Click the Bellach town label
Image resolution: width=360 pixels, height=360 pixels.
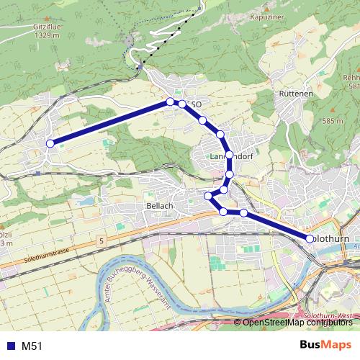click(160, 206)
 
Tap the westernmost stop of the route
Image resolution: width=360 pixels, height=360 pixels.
click(50, 143)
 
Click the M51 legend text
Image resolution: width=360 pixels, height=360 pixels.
click(32, 346)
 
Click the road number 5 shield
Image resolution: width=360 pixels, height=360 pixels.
click(103, 239)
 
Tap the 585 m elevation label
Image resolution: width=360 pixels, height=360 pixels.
click(333, 121)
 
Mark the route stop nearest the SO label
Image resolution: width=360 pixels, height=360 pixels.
click(182, 104)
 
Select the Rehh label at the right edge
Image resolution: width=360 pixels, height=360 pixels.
click(351, 78)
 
